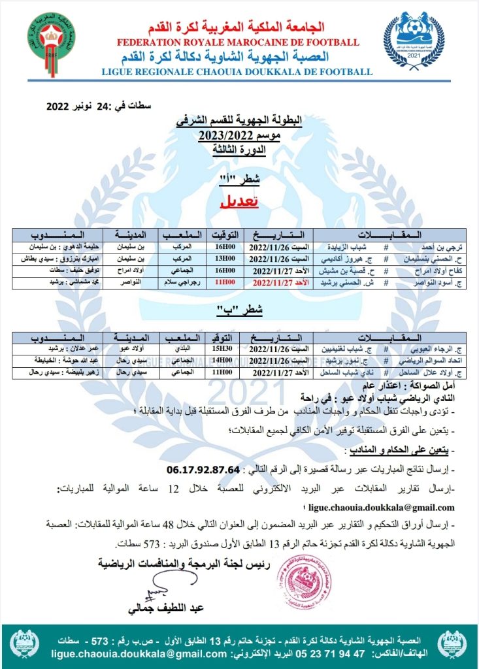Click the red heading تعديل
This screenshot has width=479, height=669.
point(239,203)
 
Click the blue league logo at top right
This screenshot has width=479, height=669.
point(413,38)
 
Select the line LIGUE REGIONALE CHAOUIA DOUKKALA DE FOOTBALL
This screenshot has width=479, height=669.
point(237,72)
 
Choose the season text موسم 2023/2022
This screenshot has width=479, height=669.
point(239,136)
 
